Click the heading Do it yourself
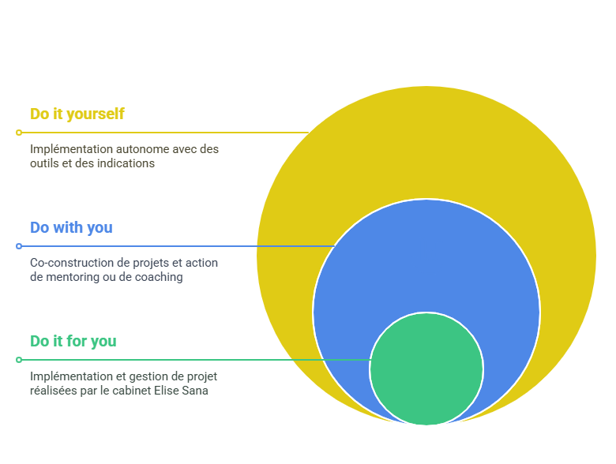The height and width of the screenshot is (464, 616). click(x=77, y=114)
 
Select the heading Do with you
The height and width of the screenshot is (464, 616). click(x=71, y=227)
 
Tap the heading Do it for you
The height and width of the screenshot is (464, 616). click(x=73, y=341)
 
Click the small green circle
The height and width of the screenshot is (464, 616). click(x=426, y=369)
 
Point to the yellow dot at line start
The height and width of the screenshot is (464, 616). click(x=19, y=133)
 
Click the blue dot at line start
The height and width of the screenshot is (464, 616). click(x=19, y=246)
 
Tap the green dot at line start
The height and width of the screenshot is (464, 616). click(x=19, y=360)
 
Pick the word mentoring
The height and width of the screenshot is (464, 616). click(x=70, y=277)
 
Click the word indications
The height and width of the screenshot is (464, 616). click(x=123, y=163)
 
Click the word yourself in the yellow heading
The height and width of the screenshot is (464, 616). click(x=96, y=114)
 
